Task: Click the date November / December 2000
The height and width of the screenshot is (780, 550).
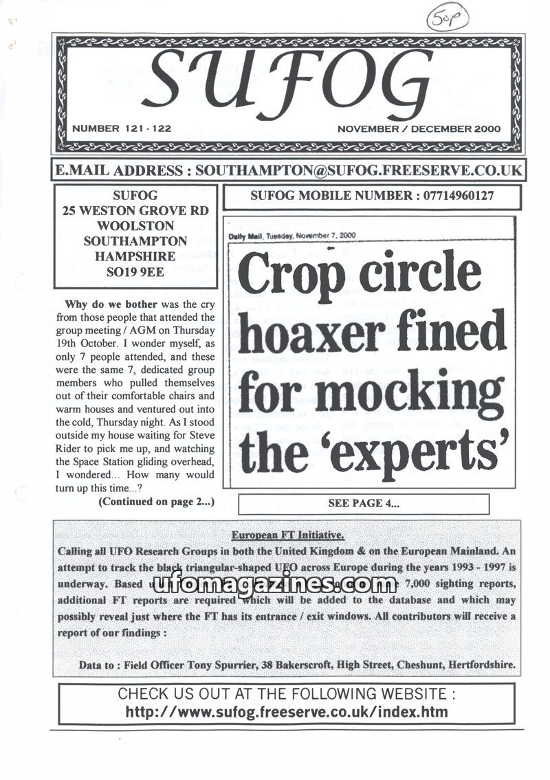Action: click(419, 129)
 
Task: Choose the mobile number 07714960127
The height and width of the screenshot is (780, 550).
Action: click(454, 195)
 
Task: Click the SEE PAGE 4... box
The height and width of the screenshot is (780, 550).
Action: click(363, 503)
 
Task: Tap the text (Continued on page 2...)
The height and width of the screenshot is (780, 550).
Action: click(156, 502)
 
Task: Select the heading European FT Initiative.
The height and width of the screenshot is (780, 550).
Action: click(287, 536)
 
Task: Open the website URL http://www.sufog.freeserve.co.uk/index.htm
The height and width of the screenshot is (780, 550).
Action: click(287, 712)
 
